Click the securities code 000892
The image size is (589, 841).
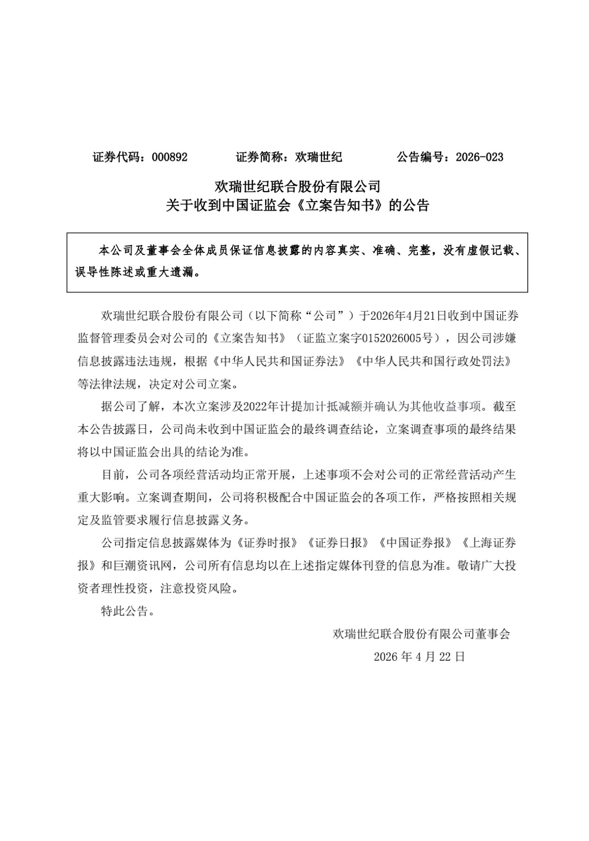tap(169, 157)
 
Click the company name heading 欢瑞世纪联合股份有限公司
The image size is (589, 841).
tap(297, 187)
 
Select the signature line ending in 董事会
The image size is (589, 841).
tap(421, 634)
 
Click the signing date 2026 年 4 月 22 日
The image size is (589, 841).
tap(419, 657)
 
